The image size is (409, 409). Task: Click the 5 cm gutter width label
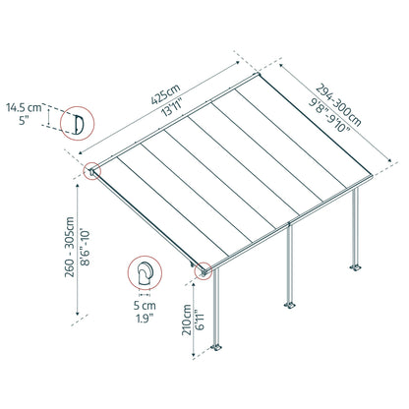tap(146, 305)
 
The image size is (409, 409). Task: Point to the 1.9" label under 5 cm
tap(146, 319)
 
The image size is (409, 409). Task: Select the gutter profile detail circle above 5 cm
tap(145, 272)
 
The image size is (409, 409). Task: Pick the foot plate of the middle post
tap(289, 309)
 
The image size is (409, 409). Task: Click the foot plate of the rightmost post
tap(355, 265)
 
